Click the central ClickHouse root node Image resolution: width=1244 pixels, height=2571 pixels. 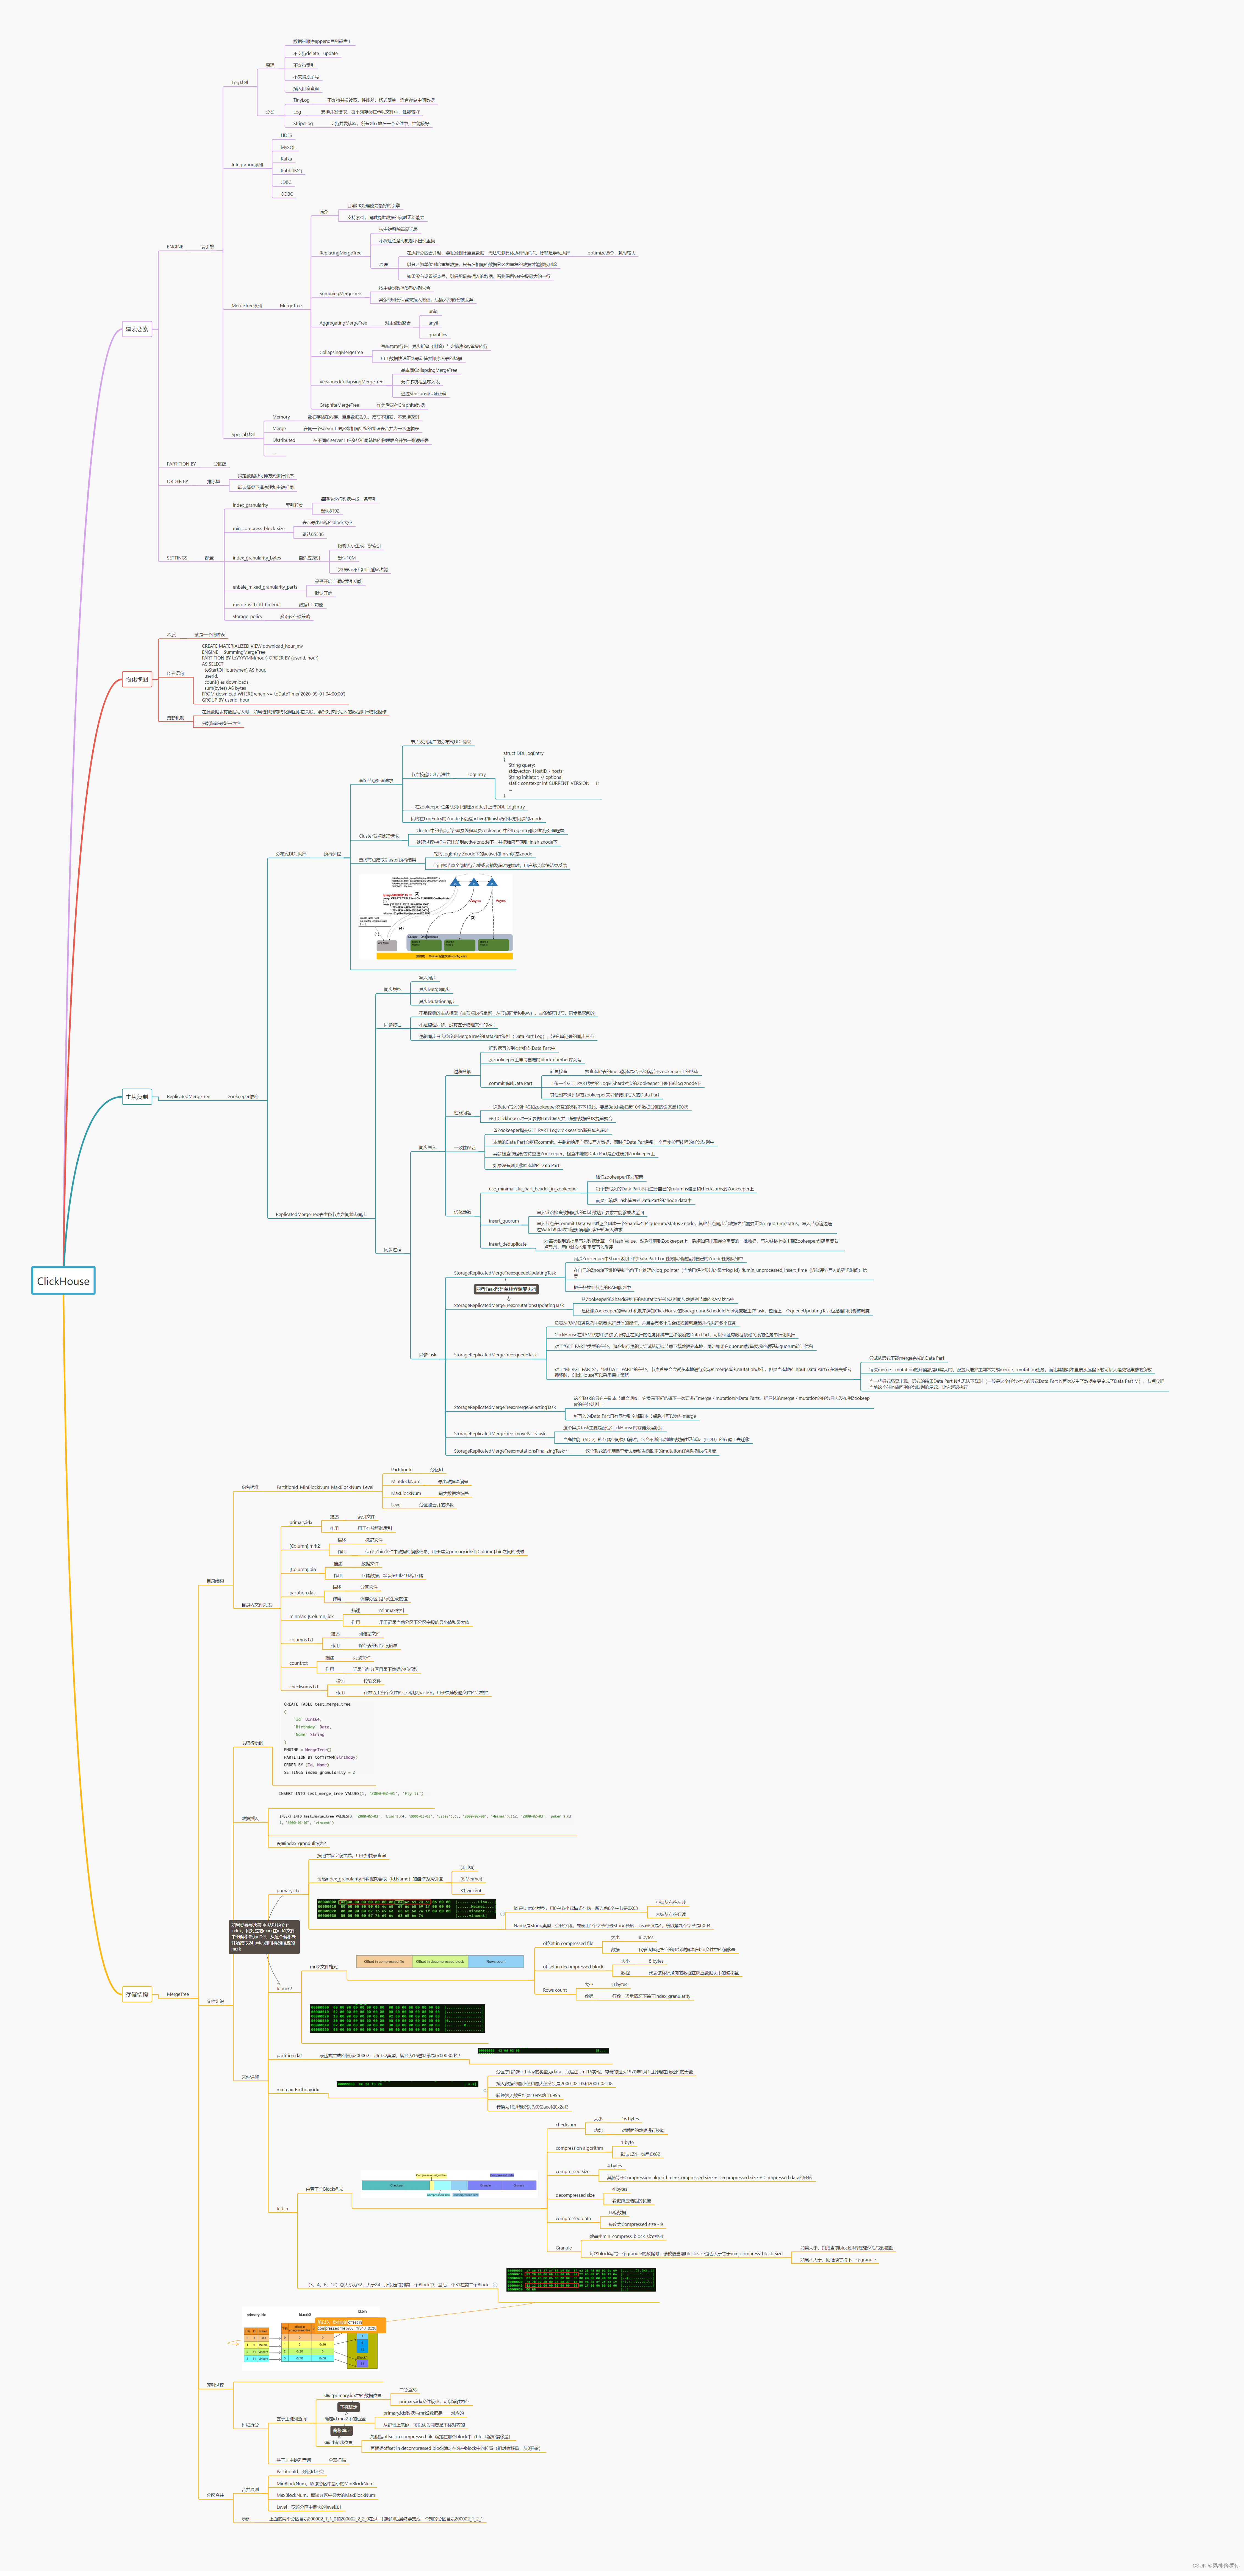pos(63,1281)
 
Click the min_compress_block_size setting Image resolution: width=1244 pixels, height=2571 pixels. pos(259,528)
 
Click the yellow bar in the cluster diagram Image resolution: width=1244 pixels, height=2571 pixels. pos(444,955)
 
